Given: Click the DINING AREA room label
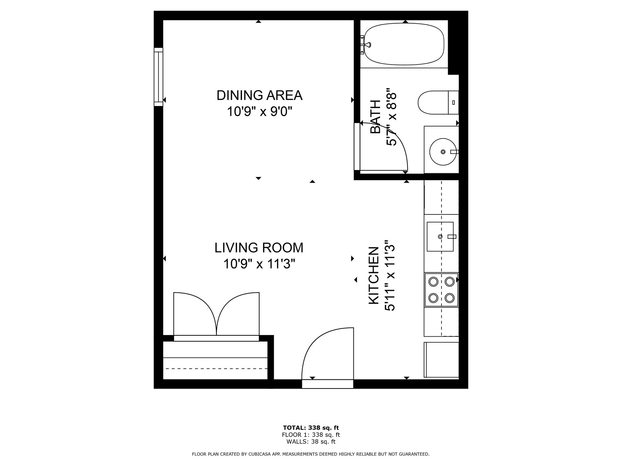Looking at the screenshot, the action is click(259, 95).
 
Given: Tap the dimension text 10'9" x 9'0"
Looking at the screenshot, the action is click(259, 112).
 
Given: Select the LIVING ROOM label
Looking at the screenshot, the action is click(259, 248).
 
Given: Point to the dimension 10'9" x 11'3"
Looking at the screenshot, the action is click(259, 264).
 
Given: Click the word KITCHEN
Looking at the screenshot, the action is click(374, 276).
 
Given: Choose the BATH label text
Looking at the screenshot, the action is click(375, 117).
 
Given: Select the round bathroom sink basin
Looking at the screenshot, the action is click(443, 151).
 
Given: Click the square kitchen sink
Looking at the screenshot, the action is click(440, 237).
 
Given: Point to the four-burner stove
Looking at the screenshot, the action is click(441, 290).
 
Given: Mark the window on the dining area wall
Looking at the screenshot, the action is click(158, 77).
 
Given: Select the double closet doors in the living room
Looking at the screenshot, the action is click(216, 314).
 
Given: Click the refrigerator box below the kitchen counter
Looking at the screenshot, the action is click(441, 360).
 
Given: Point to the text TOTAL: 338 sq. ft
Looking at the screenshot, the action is click(311, 428).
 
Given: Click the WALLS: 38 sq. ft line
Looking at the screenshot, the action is click(311, 441).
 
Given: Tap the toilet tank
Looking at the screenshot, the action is click(454, 102).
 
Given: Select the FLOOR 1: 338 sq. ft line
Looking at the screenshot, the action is click(311, 435).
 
